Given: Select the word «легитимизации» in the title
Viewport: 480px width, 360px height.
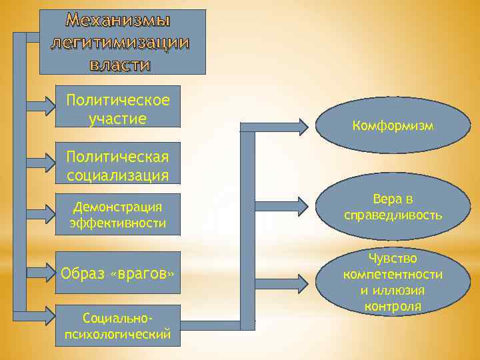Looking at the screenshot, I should pyautogui.click(x=119, y=43).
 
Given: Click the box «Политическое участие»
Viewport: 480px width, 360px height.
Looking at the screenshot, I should pyautogui.click(x=118, y=109).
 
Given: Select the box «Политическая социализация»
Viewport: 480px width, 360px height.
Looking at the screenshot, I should pyautogui.click(x=118, y=166).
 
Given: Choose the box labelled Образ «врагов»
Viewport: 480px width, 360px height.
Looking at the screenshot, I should pyautogui.click(x=118, y=273).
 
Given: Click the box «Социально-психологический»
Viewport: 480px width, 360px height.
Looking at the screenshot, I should pyautogui.click(x=118, y=325).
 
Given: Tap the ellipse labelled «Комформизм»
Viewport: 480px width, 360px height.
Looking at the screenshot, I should pyautogui.click(x=393, y=125).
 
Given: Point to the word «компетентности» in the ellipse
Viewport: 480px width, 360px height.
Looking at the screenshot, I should pyautogui.click(x=393, y=274).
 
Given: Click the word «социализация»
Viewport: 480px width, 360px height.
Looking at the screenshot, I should pyautogui.click(x=118, y=175).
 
